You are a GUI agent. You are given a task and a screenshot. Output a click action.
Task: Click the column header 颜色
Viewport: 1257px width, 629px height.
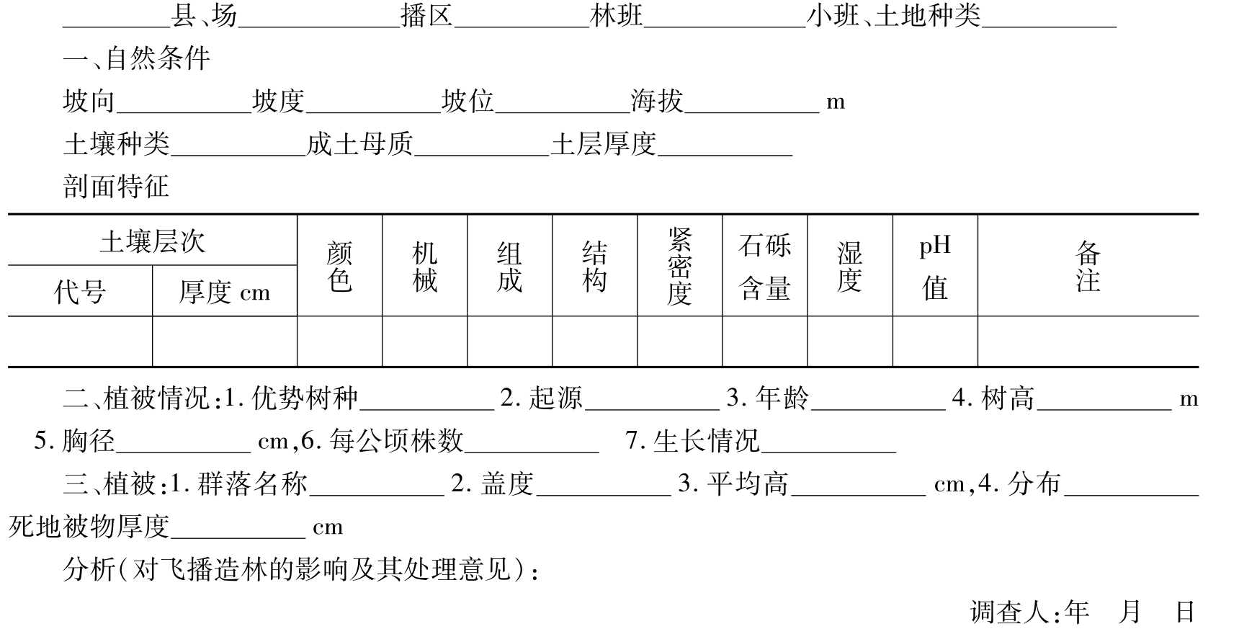[339, 266]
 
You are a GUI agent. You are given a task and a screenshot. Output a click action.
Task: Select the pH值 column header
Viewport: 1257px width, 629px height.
[935, 266]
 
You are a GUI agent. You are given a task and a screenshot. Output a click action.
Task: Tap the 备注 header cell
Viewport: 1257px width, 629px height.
[1088, 266]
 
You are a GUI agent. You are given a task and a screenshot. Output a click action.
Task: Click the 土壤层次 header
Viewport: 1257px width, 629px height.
[152, 241]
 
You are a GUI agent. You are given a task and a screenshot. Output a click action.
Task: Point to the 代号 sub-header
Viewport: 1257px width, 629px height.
[80, 292]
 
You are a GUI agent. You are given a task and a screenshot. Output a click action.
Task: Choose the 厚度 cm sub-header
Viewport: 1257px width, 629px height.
[224, 292]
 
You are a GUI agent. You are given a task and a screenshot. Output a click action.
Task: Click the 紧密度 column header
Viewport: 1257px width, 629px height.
[679, 266]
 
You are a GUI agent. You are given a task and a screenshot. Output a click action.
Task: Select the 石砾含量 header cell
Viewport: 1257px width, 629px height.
[764, 266]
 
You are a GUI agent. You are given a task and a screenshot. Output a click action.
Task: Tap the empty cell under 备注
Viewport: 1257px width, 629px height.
[1088, 342]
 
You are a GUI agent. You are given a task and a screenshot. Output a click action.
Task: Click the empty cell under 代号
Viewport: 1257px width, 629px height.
[80, 342]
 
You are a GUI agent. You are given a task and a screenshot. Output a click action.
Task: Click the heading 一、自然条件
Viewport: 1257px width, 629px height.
[136, 58]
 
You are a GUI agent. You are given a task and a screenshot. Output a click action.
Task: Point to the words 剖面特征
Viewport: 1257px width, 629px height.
[116, 187]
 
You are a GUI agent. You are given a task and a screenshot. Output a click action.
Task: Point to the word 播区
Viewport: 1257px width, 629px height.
[426, 16]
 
